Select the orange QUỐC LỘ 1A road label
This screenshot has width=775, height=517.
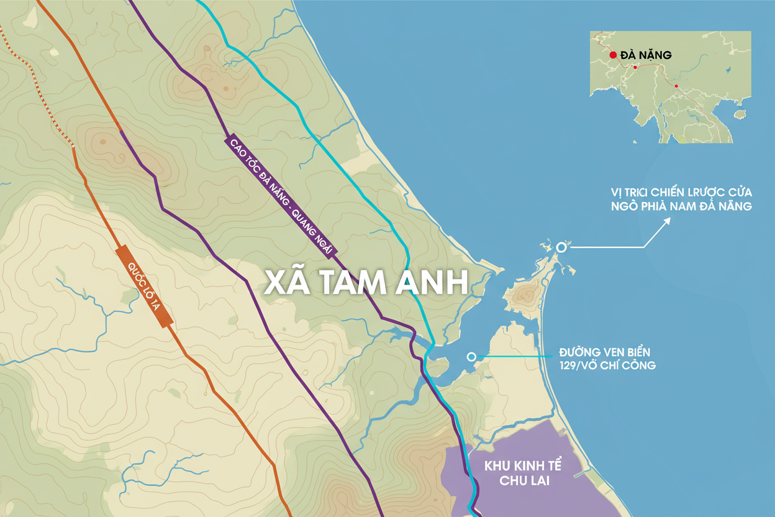144,286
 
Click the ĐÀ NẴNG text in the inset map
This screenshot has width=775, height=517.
645,55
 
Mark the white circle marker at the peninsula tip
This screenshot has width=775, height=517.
562,247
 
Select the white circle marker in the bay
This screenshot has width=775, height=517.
471,357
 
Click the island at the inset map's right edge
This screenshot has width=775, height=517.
738,114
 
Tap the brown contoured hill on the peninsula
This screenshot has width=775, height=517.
523,296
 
